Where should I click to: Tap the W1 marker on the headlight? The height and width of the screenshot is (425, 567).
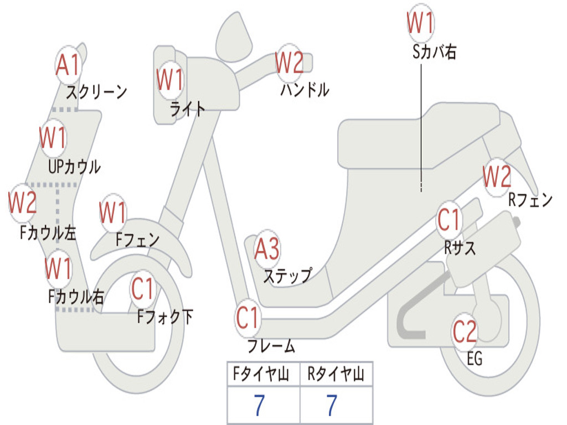pos(169,80)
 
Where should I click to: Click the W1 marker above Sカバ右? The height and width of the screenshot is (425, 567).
pos(420,23)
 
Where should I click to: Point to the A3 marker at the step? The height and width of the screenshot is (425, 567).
pos(267,248)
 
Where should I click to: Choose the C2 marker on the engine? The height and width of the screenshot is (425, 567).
pos(465,332)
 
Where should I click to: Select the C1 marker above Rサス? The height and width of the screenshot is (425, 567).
pos(449,220)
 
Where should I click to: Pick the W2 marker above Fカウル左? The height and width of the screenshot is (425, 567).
pos(22,203)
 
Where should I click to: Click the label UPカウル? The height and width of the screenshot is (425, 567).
pos(75,167)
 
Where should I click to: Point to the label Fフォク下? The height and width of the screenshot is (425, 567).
pos(165,317)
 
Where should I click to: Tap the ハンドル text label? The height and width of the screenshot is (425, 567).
pos(305,89)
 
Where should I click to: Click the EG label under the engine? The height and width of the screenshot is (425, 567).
pos(475,359)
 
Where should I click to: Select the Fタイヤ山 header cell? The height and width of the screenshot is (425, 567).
pos(264,374)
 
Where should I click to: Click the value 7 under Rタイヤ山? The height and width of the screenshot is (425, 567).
pos(332,406)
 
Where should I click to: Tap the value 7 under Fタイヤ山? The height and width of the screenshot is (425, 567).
pos(259,406)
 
